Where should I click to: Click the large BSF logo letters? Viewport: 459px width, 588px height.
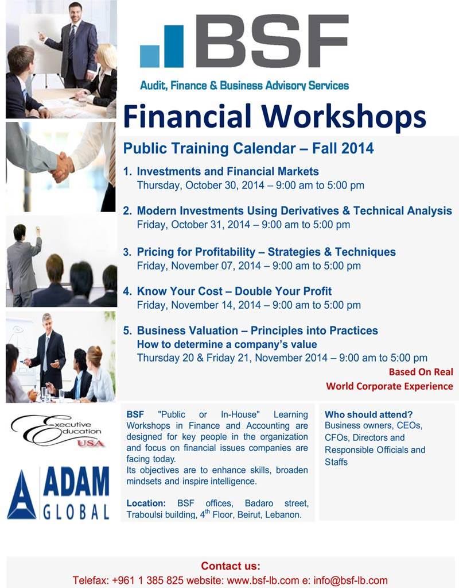(272, 41)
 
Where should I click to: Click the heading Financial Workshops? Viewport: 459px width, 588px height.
(274, 117)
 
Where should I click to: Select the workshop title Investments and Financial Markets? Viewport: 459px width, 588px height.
(228, 171)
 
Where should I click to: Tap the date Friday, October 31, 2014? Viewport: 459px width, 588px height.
(193, 225)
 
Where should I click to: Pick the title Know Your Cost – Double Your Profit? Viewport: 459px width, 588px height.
(234, 291)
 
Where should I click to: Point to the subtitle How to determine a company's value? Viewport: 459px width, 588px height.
(227, 344)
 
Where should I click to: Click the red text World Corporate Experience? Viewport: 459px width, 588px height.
(390, 386)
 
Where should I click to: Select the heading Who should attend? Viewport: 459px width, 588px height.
(368, 414)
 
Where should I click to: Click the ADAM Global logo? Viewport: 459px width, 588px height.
(59, 493)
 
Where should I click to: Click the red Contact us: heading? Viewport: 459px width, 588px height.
(230, 566)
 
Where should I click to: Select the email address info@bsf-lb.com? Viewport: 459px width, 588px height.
(350, 581)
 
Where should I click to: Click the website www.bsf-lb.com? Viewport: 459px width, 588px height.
(263, 581)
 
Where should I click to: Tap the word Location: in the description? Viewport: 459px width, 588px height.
(146, 504)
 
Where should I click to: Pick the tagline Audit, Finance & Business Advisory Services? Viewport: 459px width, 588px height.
(244, 86)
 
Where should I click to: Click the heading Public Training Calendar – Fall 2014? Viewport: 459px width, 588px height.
(248, 148)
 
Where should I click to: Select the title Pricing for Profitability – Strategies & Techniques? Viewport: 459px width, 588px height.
(266, 252)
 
